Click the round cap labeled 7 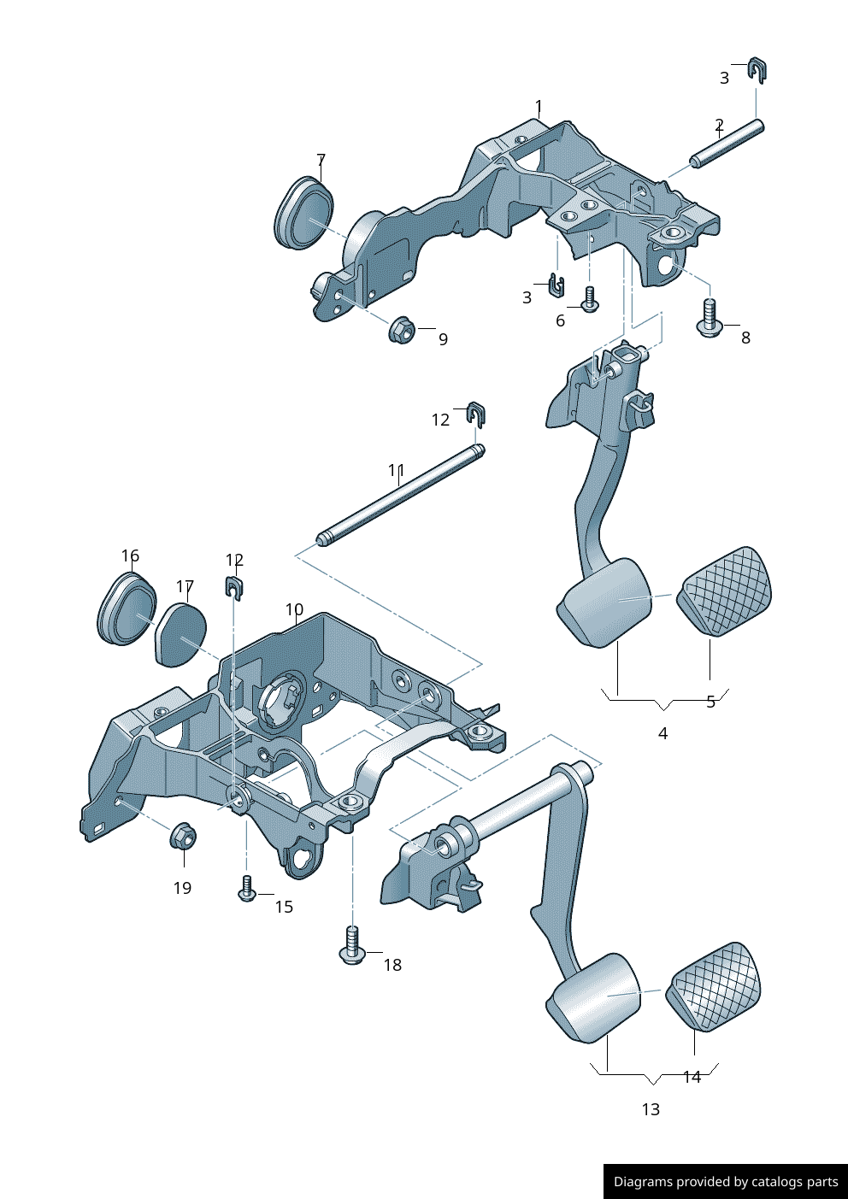pyautogui.click(x=304, y=214)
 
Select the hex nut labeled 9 pyautogui.click(x=401, y=329)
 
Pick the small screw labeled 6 pyautogui.click(x=589, y=299)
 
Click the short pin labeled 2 pyautogui.click(x=727, y=144)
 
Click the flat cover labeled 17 pyautogui.click(x=181, y=634)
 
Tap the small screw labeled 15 pyautogui.click(x=246, y=889)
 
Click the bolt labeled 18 pyautogui.click(x=352, y=944)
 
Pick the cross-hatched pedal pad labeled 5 pyautogui.click(x=724, y=591)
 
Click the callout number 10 pyautogui.click(x=294, y=609)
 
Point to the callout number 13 pyautogui.click(x=651, y=1109)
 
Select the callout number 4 pyautogui.click(x=662, y=733)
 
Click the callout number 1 pyautogui.click(x=539, y=107)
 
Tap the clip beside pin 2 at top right pyautogui.click(x=757, y=70)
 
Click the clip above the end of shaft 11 pyautogui.click(x=476, y=414)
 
